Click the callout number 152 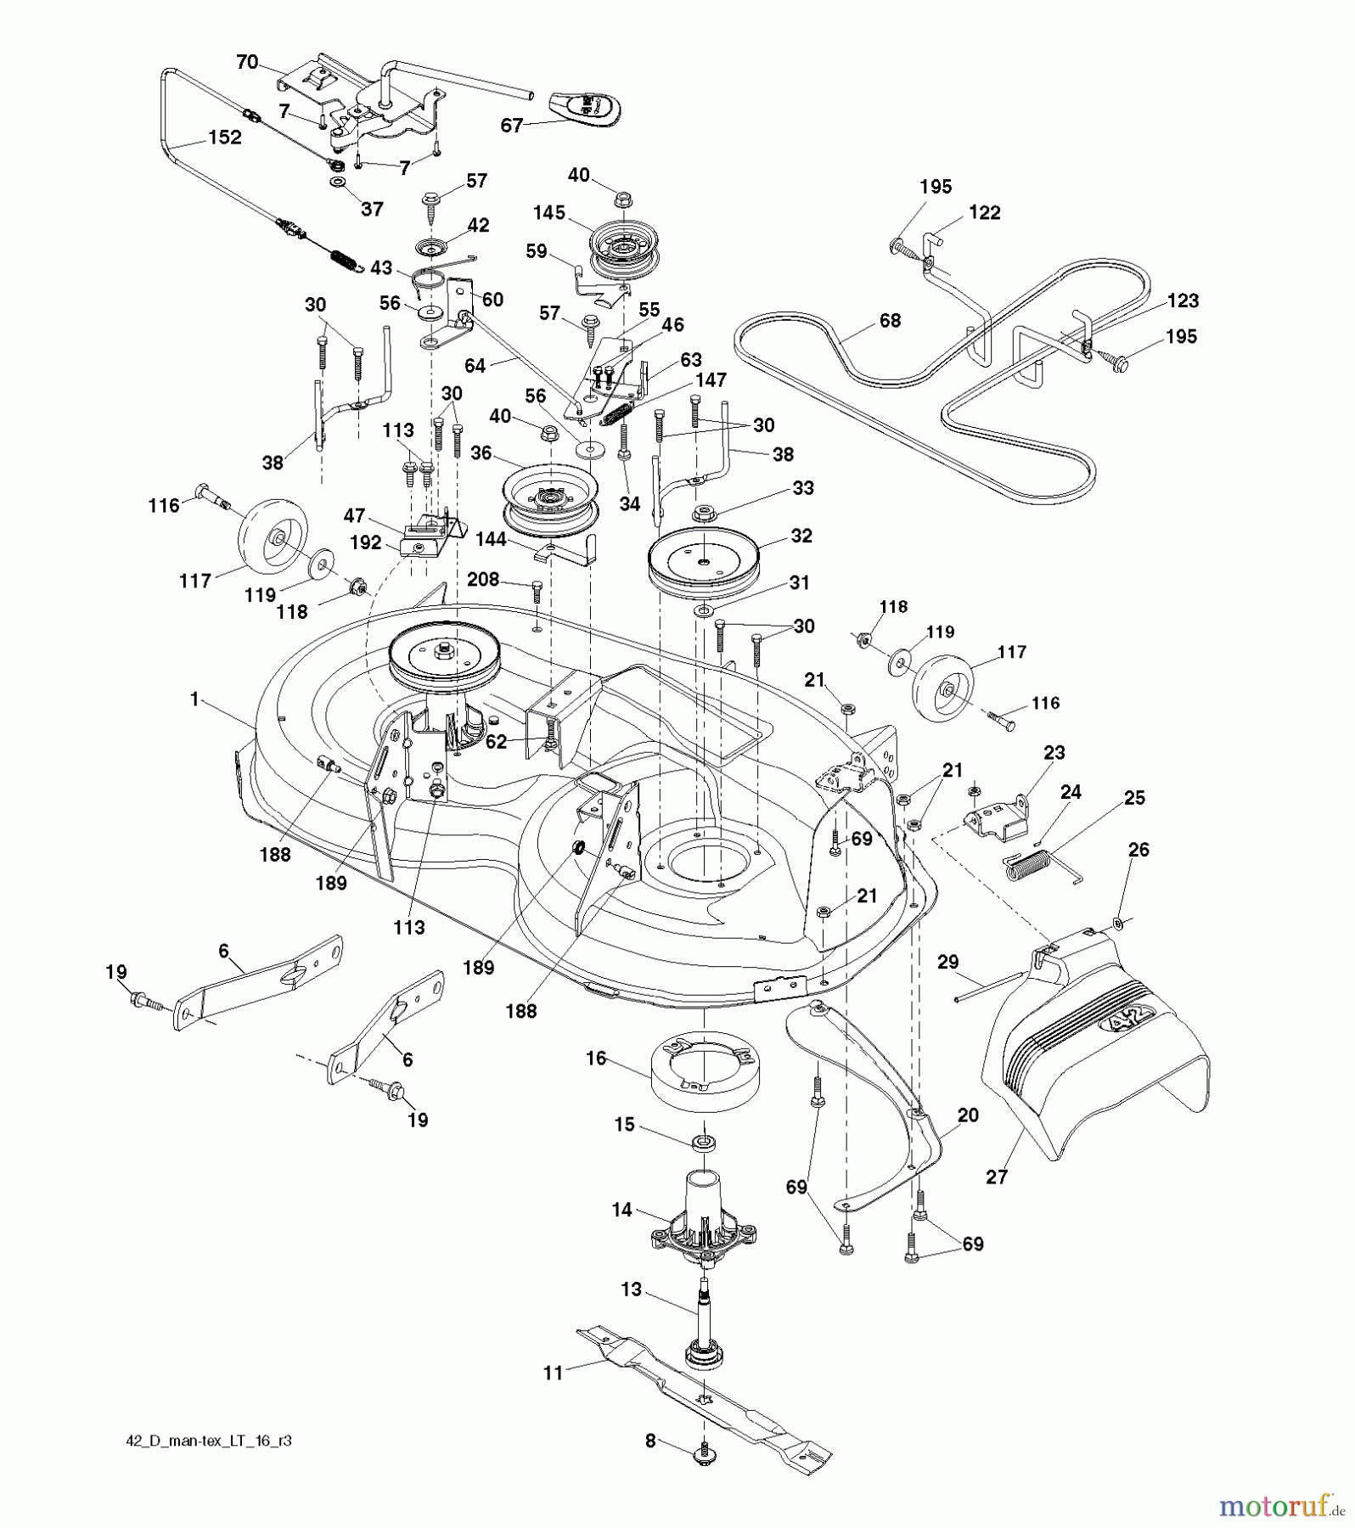coord(224,138)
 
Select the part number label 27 coord(996,1178)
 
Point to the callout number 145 coord(549,213)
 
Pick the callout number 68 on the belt coord(890,320)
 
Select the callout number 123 coord(1183,301)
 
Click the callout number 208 coord(482,580)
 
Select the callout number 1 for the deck coord(194,699)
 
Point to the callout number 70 coord(246,63)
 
